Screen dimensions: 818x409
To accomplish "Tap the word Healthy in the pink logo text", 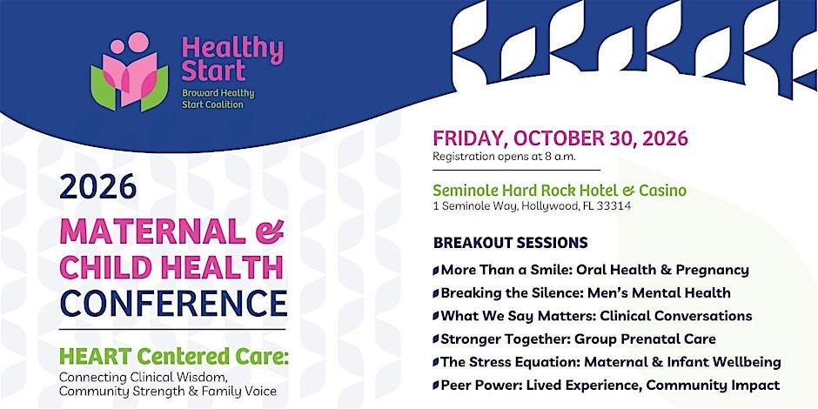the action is [x=232, y=51].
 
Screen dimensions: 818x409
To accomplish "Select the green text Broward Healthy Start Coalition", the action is [x=218, y=99].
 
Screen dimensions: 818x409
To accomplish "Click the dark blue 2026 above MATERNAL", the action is [x=98, y=188].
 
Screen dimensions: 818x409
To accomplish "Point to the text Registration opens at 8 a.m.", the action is [x=504, y=157].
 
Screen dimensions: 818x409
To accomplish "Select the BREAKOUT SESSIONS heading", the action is [x=510, y=243].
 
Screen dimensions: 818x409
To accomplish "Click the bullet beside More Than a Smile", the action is [x=436, y=271].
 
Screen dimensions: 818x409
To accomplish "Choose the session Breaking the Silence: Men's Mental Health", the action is [x=586, y=293].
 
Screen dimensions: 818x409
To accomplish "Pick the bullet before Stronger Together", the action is [x=436, y=339].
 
